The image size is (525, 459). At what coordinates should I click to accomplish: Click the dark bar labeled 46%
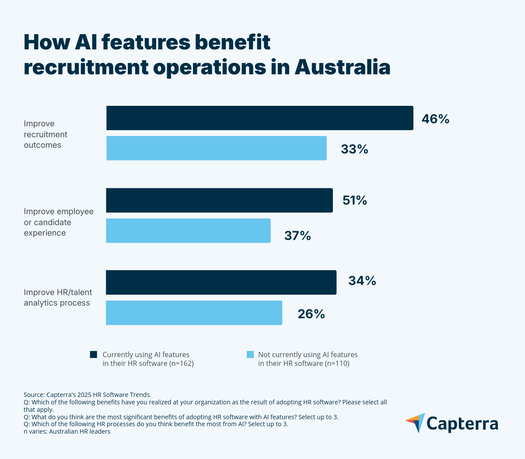point(259,118)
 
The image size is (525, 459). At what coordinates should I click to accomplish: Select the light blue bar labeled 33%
point(216,148)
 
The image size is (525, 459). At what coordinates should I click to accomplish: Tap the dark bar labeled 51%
point(219,200)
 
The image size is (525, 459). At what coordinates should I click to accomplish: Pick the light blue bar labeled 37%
point(188,230)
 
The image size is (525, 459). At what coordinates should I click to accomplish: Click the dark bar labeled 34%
point(221,282)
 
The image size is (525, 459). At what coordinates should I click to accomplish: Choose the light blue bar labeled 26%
point(194,313)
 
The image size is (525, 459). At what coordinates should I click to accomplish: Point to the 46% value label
point(435,119)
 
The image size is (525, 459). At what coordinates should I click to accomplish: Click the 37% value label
point(297,236)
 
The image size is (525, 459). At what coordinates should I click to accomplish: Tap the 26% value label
point(311,314)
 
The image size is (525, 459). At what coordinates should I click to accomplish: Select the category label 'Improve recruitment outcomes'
point(45,134)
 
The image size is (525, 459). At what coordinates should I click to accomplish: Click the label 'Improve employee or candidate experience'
point(58,222)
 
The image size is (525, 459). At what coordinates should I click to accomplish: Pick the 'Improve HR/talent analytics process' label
point(58,298)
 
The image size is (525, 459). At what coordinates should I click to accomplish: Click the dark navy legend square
point(94,355)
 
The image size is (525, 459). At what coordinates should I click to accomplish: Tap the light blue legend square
point(250,355)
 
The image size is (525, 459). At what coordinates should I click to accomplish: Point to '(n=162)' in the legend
point(181,364)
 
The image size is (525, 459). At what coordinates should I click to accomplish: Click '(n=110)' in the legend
point(337,364)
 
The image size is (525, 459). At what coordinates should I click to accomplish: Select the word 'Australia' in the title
point(342,67)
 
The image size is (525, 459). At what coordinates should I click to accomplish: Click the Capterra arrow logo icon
point(416,423)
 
